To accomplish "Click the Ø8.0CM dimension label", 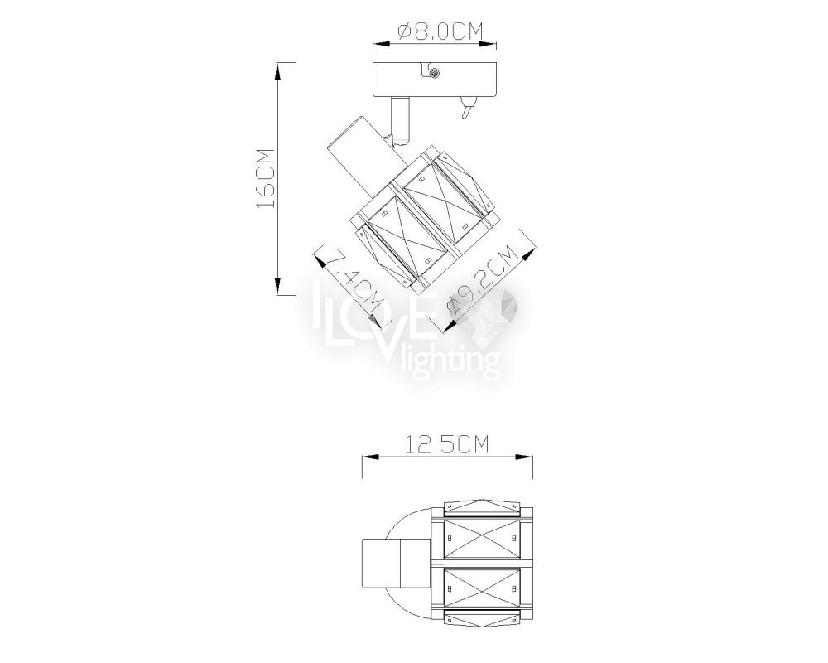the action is (440, 31).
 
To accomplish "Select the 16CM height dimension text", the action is (265, 178).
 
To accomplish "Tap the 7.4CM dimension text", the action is (352, 279).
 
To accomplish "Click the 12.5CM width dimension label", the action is (447, 445).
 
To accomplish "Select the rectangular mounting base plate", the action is (435, 80).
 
